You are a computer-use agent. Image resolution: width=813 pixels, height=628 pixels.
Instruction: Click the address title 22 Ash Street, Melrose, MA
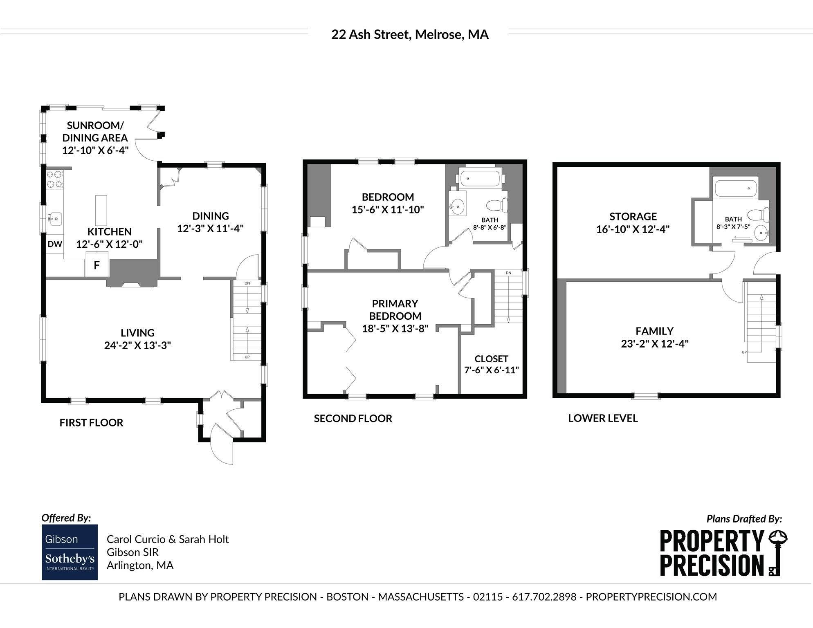tap(410, 34)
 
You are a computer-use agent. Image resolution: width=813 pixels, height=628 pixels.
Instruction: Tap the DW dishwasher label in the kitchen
tap(55, 244)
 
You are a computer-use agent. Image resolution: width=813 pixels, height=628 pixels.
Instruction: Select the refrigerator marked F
tap(97, 265)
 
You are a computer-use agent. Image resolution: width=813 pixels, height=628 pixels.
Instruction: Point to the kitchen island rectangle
tap(101, 211)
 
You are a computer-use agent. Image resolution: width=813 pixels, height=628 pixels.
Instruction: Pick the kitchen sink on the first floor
tap(54, 218)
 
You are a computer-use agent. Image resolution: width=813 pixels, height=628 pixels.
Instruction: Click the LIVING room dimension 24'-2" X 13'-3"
tap(137, 345)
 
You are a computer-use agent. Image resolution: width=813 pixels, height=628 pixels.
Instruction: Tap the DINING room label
tap(211, 216)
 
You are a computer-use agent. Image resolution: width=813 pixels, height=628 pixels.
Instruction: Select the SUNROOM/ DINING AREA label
tap(95, 132)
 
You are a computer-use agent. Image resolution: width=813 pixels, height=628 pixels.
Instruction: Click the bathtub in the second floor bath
tap(480, 179)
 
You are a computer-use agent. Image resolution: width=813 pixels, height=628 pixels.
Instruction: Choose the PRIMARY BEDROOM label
tap(395, 310)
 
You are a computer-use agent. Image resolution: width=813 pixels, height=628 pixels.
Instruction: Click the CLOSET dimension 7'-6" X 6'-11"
tap(492, 370)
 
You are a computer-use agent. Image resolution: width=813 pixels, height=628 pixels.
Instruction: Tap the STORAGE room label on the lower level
tap(633, 216)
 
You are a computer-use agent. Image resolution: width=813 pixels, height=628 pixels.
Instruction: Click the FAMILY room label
tap(654, 331)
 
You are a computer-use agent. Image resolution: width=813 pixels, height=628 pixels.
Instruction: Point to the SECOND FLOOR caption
tap(353, 418)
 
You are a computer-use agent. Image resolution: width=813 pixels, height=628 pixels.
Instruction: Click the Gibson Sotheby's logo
tap(70, 552)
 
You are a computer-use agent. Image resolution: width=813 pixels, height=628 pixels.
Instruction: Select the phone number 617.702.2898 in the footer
tap(544, 597)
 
